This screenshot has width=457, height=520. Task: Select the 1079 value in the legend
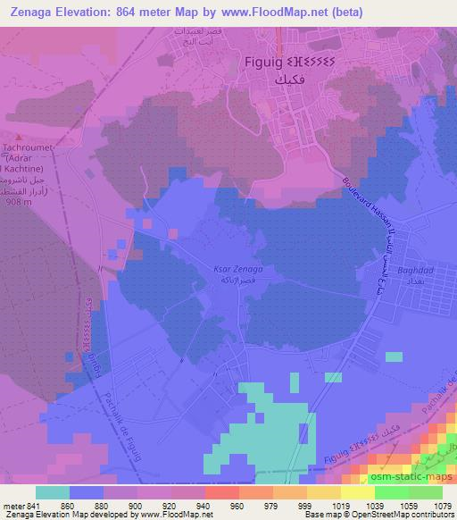[x=443, y=505]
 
